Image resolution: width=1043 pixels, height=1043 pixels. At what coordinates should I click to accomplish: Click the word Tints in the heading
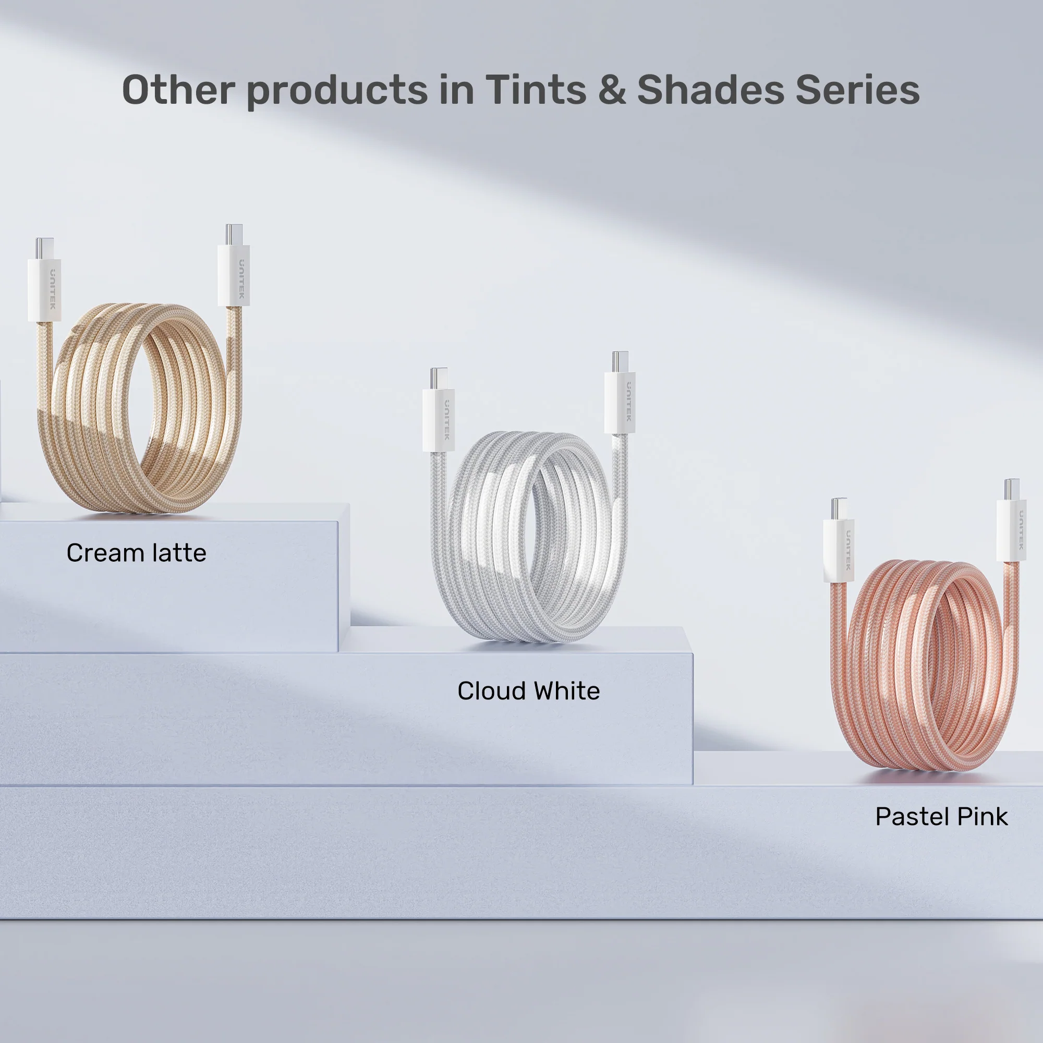[536, 90]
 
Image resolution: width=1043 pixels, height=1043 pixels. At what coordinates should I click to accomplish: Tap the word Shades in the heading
[710, 90]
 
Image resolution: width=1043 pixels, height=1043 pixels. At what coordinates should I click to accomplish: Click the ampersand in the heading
[612, 90]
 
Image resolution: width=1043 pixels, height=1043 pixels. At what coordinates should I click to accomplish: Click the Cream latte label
[137, 553]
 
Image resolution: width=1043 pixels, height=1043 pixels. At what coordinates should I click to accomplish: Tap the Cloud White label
[528, 691]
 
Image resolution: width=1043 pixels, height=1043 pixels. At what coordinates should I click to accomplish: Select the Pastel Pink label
[941, 817]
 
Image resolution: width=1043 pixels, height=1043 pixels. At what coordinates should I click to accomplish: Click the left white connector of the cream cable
[44, 290]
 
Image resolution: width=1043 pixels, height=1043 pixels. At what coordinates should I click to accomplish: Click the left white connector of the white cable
[439, 419]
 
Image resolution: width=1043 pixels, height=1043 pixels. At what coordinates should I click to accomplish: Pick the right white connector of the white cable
[620, 402]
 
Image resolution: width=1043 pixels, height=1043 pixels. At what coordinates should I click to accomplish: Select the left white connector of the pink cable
[839, 550]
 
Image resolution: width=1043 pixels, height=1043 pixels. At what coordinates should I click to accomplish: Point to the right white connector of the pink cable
[1012, 531]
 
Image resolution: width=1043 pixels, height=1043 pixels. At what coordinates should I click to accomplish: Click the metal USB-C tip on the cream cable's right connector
[234, 235]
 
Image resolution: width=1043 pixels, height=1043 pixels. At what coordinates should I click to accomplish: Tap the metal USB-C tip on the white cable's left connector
[439, 379]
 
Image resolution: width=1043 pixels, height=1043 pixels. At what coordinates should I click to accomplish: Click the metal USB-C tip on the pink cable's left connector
[840, 508]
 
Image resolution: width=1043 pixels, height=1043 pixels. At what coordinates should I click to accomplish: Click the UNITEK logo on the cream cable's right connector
[241, 279]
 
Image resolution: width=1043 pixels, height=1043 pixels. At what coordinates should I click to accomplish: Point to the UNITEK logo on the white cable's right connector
[628, 402]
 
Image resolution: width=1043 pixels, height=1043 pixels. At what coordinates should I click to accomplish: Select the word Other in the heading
[179, 90]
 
